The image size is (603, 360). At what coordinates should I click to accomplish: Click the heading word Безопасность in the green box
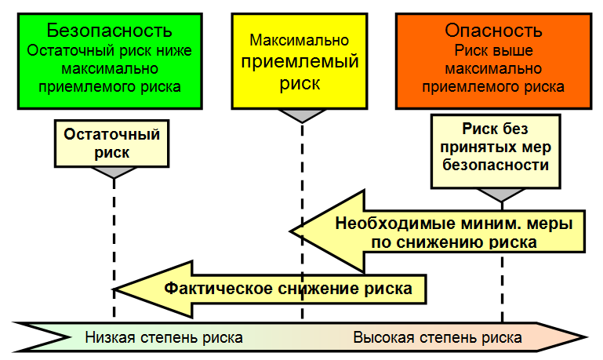(109, 31)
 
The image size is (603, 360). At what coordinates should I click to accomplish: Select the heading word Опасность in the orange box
(493, 31)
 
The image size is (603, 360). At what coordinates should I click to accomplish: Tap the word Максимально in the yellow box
(300, 40)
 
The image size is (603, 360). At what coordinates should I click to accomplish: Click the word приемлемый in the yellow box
(300, 62)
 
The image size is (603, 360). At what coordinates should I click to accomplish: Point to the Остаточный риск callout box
(111, 144)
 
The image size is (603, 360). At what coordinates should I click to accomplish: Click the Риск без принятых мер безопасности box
(496, 151)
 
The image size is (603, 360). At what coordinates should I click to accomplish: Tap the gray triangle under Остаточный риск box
(114, 173)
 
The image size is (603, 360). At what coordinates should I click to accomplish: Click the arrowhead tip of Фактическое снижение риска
(115, 289)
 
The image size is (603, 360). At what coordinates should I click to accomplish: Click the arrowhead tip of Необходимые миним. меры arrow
(291, 231)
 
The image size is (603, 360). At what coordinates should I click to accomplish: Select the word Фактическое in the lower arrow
(219, 289)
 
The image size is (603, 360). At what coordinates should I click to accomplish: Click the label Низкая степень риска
(164, 338)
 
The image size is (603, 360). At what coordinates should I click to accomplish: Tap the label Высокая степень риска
(438, 338)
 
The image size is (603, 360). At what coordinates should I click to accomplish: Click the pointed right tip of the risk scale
(587, 337)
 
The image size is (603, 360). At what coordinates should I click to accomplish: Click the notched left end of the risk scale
(69, 337)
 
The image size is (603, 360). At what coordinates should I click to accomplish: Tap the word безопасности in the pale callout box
(496, 165)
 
